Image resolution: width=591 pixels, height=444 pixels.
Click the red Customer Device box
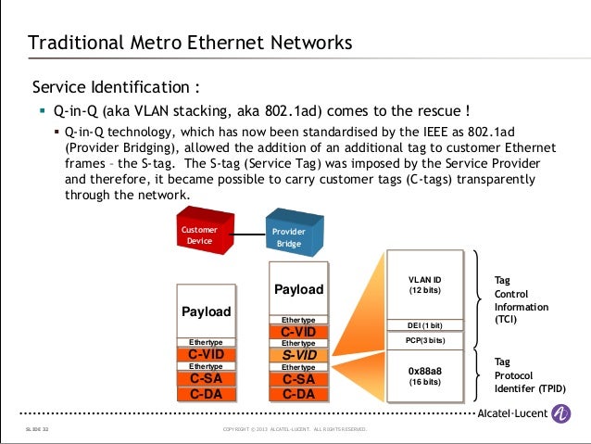point(201,235)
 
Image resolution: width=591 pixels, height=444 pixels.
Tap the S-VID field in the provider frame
point(299,355)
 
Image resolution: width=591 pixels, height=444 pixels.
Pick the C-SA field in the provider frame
point(299,379)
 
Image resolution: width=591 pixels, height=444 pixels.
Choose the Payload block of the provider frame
point(299,289)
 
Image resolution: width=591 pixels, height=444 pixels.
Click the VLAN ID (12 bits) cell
point(425,285)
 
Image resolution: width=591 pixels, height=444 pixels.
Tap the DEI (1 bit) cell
point(425,325)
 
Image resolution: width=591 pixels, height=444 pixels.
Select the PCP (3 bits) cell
point(425,341)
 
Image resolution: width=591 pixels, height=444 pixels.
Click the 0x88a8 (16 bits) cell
point(425,375)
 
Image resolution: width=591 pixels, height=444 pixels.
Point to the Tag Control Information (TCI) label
point(521,298)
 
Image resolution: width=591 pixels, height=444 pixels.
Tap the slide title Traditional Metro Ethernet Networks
point(190,43)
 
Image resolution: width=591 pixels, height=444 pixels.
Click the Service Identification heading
point(116,88)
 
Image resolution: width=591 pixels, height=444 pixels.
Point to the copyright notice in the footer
point(295,429)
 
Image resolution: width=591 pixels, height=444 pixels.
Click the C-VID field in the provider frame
point(299,332)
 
